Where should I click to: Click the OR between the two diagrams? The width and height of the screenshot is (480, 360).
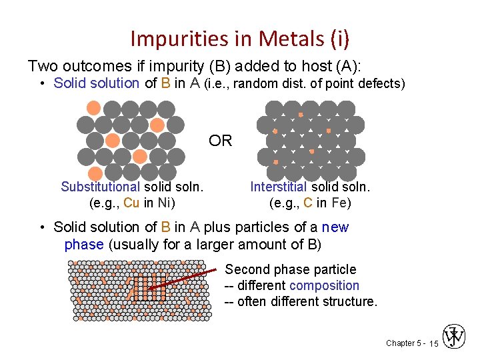[x=220, y=141]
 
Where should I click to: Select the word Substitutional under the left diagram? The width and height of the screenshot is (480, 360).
[x=100, y=187]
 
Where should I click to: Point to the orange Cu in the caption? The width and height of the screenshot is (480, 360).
[x=131, y=203]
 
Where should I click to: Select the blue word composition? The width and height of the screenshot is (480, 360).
[x=324, y=285]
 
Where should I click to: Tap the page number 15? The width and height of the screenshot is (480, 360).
[x=433, y=343]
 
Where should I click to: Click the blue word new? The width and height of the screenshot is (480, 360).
[x=335, y=227]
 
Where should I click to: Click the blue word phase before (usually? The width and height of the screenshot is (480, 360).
[x=83, y=244]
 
